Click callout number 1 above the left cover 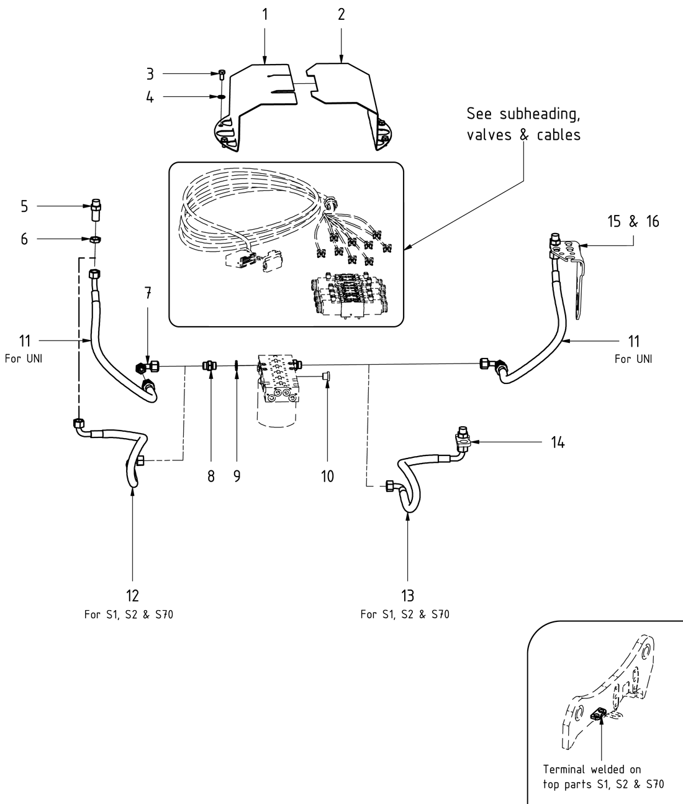pos(265,14)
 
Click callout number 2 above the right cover pos(341,14)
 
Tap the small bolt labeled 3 pos(222,75)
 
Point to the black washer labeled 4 pos(221,98)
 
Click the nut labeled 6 pos(96,239)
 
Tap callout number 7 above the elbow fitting pos(148,294)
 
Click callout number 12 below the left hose pos(133,595)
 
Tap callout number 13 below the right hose pos(407,595)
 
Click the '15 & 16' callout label pos(633,221)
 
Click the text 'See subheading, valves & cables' pos(523,125)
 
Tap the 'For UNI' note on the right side pos(633,359)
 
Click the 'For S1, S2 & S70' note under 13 pos(405,614)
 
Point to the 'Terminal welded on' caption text pos(592,769)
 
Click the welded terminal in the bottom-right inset pos(600,716)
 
